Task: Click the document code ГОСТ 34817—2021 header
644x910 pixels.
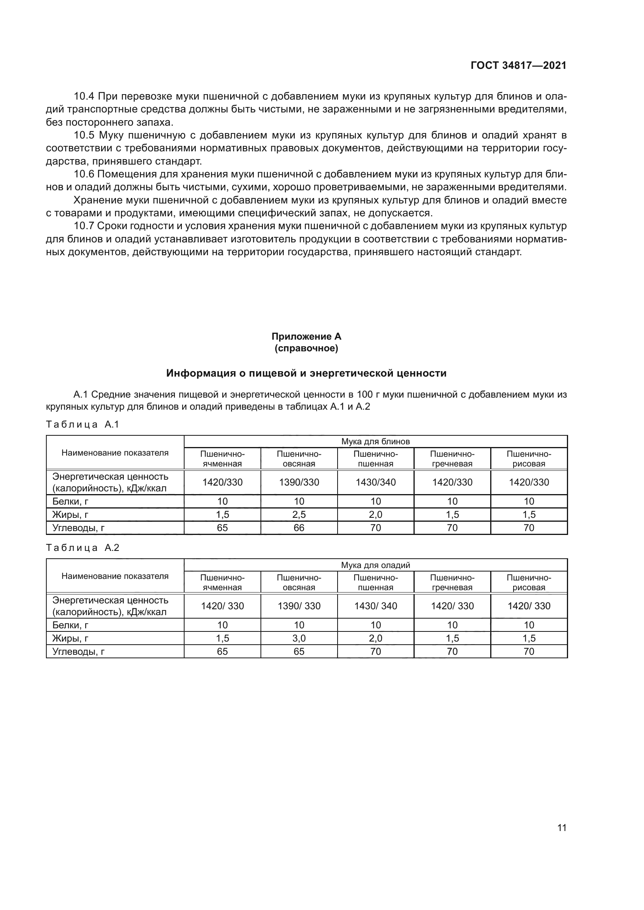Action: (x=518, y=66)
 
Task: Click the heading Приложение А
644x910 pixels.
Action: (x=306, y=337)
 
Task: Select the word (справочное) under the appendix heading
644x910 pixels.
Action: (x=306, y=348)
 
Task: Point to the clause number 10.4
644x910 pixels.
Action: (x=84, y=96)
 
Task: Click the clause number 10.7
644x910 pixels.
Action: (x=84, y=226)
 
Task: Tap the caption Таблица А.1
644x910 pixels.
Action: (x=83, y=424)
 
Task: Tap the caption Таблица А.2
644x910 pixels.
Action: (x=83, y=548)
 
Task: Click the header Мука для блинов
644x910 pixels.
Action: (x=375, y=442)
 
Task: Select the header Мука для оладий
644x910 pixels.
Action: (x=375, y=565)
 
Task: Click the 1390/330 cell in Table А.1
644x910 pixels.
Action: (x=299, y=482)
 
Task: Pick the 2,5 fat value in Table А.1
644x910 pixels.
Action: (x=299, y=514)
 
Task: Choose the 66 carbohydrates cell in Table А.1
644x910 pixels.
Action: (x=299, y=528)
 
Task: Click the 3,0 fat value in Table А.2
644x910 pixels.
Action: (x=299, y=638)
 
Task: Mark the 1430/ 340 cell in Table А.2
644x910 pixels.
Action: (x=375, y=606)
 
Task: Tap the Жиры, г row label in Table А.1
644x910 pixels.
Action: (x=70, y=514)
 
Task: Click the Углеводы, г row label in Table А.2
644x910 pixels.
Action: (x=79, y=651)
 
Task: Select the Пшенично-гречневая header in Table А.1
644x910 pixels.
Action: (x=452, y=459)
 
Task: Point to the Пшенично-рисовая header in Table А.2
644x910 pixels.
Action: (x=529, y=582)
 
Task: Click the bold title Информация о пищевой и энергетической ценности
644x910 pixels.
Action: (x=306, y=373)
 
